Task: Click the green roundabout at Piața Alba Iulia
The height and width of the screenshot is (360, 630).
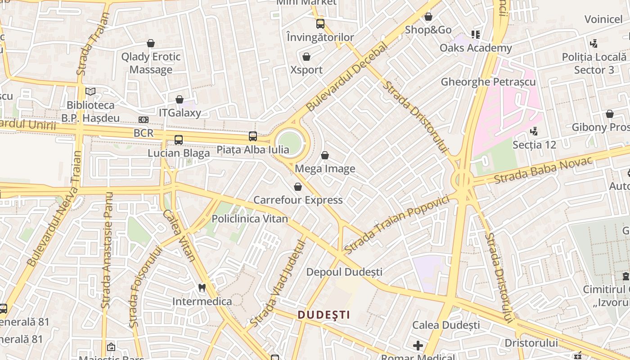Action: tap(289, 143)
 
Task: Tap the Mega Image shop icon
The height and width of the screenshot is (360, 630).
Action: tap(325, 156)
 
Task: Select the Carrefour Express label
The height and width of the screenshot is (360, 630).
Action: tap(298, 200)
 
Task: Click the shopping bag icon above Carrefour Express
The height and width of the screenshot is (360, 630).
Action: tap(298, 187)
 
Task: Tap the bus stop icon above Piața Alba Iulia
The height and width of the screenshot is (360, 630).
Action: tap(253, 136)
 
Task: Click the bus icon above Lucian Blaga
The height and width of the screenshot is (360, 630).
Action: tap(179, 139)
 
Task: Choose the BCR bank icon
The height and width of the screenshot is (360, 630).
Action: tap(144, 120)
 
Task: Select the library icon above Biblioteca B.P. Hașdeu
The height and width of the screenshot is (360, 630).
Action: tap(90, 91)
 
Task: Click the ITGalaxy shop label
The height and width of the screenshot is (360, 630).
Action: tap(180, 112)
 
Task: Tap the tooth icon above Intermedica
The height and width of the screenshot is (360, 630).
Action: tap(202, 287)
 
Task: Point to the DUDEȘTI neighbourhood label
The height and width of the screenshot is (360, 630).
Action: tap(324, 315)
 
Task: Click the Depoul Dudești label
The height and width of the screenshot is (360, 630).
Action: tap(344, 272)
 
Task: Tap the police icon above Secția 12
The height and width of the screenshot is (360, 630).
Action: tap(534, 131)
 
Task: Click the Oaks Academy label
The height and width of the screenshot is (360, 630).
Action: tap(476, 48)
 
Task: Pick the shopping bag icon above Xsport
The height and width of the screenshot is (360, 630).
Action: tap(306, 57)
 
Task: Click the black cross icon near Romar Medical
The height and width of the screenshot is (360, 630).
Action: tap(418, 346)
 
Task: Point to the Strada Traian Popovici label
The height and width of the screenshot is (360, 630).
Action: tap(397, 224)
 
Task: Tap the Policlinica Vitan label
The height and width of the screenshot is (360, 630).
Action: tap(250, 219)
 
